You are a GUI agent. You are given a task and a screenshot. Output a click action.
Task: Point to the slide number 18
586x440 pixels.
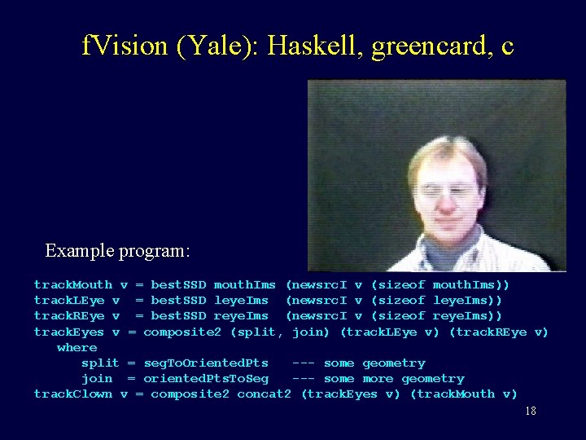tap(530, 411)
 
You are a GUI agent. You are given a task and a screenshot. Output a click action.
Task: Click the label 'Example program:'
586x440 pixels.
tap(117, 250)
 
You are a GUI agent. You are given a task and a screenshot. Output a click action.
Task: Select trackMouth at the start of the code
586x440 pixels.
tap(73, 284)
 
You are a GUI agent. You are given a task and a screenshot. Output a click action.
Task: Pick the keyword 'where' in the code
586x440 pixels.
tap(77, 347)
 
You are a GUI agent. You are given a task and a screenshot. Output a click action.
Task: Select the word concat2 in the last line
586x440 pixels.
tap(264, 394)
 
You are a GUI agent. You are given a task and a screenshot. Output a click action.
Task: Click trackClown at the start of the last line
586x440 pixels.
tap(73, 394)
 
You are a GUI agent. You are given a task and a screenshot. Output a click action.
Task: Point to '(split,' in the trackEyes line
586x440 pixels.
tap(257, 332)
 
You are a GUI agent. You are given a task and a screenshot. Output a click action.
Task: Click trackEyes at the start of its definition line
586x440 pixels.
tap(69, 332)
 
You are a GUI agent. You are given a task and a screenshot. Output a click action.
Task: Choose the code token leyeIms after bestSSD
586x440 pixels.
tap(241, 300)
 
